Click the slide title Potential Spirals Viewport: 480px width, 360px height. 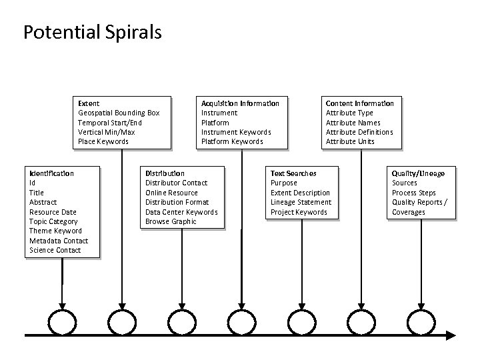pyautogui.click(x=92, y=32)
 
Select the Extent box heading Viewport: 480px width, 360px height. pyautogui.click(x=89, y=103)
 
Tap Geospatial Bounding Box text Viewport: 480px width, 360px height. pyautogui.click(x=119, y=113)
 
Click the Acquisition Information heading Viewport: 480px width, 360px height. pyautogui.click(x=240, y=103)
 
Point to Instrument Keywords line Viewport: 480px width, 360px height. pyautogui.click(x=236, y=132)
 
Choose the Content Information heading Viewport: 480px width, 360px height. pyautogui.click(x=359, y=103)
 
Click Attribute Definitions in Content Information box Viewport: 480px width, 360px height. pyautogui.click(x=359, y=132)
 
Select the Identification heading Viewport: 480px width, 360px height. pyautogui.click(x=51, y=173)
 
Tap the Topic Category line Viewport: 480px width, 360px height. pyautogui.click(x=53, y=221)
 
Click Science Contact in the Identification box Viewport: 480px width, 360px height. pyautogui.click(x=55, y=250)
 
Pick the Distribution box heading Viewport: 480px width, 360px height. pyautogui.click(x=165, y=173)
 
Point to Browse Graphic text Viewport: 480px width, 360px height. pyautogui.click(x=171, y=221)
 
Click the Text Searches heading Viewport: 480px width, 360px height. pyautogui.click(x=293, y=173)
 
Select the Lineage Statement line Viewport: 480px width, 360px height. pyautogui.click(x=301, y=202)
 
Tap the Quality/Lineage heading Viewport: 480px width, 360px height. pyautogui.click(x=418, y=173)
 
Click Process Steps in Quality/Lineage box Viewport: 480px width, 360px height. pyautogui.click(x=413, y=193)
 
